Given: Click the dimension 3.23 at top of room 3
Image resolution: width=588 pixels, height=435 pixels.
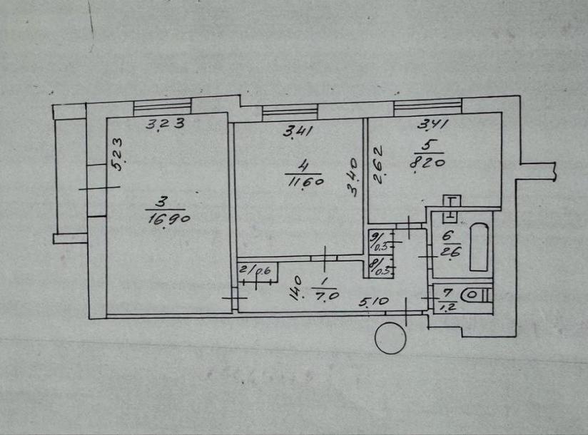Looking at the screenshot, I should tap(165, 123).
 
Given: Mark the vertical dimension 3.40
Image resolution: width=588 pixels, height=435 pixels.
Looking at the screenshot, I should tap(353, 178).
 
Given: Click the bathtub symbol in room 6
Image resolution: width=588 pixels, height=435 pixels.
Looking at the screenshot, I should tap(480, 247).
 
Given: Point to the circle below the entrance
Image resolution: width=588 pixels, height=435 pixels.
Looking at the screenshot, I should tap(390, 338).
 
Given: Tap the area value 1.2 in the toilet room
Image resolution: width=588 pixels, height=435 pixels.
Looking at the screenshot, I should tap(447, 307).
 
